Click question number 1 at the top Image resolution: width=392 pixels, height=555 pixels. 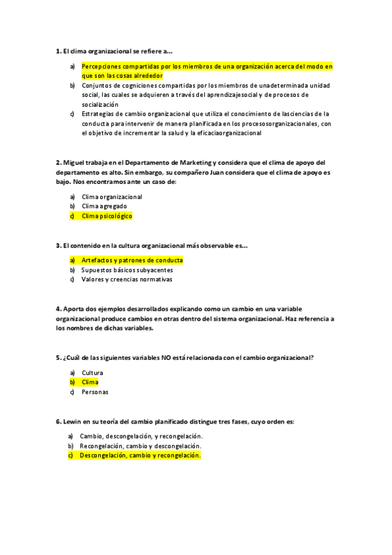click(x=58, y=50)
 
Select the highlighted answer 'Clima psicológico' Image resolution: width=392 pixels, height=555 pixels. click(x=107, y=215)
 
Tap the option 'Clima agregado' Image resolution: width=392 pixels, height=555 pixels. click(x=104, y=206)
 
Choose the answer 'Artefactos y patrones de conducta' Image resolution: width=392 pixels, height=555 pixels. click(x=132, y=260)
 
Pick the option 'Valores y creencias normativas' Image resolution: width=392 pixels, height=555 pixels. click(x=126, y=279)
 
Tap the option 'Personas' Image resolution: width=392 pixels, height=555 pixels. click(x=95, y=392)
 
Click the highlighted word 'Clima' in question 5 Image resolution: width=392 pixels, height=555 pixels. click(x=90, y=382)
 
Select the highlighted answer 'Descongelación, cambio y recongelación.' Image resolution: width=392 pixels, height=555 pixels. click(x=140, y=456)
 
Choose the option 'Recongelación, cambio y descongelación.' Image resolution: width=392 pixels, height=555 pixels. click(x=140, y=446)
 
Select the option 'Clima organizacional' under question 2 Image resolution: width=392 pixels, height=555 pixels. click(x=111, y=196)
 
